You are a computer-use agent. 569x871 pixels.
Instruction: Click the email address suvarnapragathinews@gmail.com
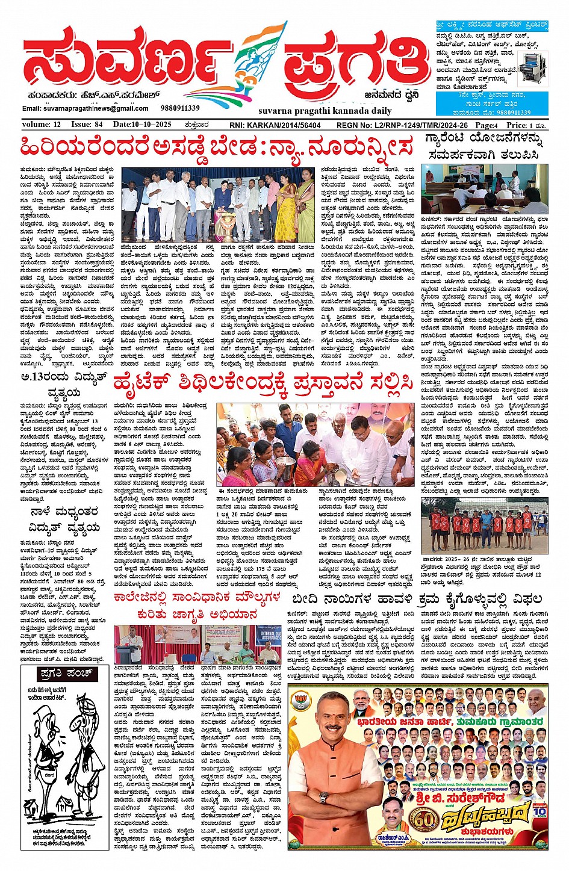coord(76,108)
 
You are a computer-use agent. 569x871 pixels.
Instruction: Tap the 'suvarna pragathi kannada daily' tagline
coord(308,111)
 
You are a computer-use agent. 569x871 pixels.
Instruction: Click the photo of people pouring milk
coord(316,444)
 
